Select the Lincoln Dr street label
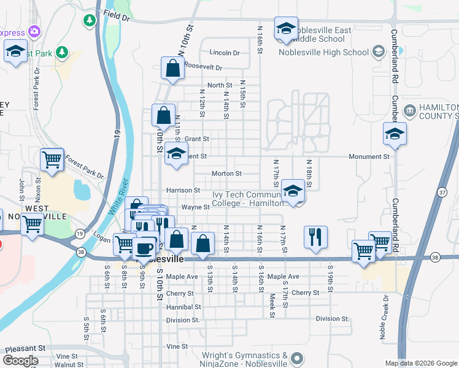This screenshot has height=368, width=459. (x=224, y=53)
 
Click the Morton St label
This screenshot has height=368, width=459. (x=226, y=174)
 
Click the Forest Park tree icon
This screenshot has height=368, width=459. (x=61, y=52)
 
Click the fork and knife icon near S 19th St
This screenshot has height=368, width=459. (x=315, y=236)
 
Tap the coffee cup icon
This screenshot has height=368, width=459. (x=145, y=248)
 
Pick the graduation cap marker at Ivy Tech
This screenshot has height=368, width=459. (x=293, y=192)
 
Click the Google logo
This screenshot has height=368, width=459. (x=20, y=361)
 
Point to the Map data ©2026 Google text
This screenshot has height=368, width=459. (x=421, y=363)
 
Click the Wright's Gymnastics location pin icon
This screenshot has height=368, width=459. (x=297, y=358)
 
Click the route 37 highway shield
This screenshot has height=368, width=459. (x=441, y=193)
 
